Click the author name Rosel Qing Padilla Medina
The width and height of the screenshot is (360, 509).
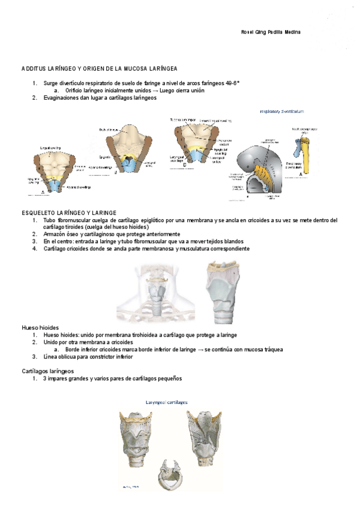tap(266, 32)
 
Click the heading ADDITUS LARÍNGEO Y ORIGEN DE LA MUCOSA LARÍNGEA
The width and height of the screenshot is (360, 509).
tap(99, 70)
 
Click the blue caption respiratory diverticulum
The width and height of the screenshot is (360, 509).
tap(282, 111)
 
